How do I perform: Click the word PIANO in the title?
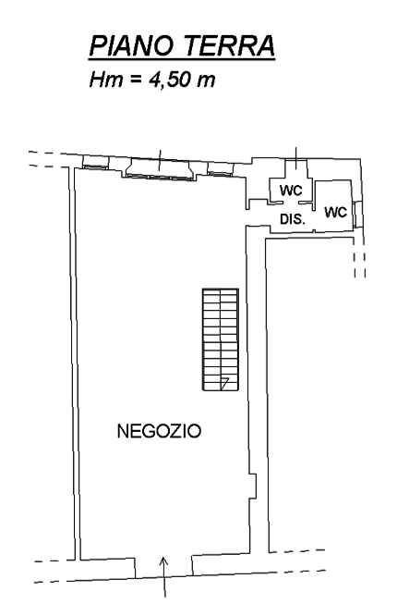131,45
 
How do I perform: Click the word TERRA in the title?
229,45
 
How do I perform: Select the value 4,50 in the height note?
170,80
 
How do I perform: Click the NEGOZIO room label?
160,431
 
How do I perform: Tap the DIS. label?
293,219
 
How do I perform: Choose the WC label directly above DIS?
291,191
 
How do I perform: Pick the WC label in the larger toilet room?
336,212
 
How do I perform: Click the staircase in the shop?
221,339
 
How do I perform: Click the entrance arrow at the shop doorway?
164,577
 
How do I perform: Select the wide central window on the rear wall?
159,169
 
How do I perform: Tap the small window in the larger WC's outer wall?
355,214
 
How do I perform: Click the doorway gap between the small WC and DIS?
290,203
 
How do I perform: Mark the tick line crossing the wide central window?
160,160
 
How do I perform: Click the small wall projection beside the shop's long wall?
253,486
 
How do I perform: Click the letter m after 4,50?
206,81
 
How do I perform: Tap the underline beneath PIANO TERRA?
182,60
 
